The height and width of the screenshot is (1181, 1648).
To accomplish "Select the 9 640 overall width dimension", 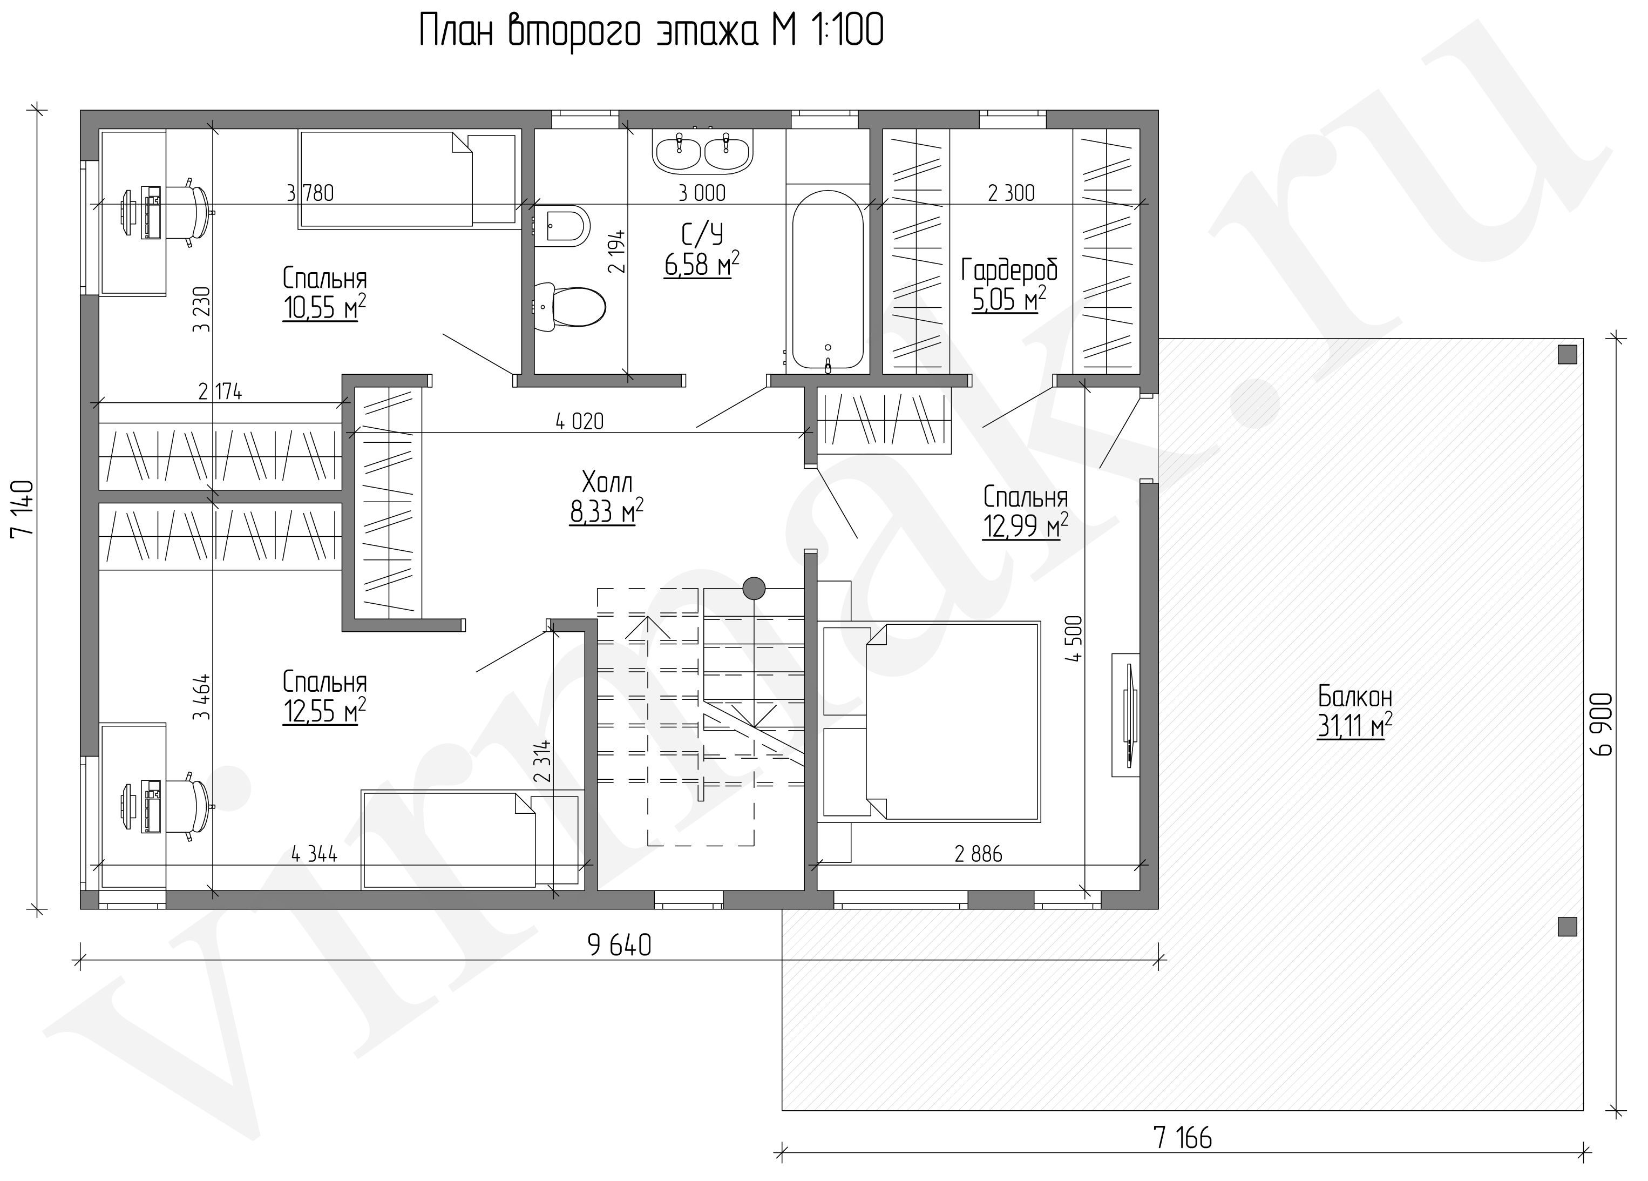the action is pos(619,945).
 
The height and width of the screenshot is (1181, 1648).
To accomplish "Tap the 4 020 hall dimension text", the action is pos(579,421).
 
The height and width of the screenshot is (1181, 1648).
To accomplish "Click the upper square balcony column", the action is pos(1568,355).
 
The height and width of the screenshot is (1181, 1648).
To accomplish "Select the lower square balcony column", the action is pos(1568,927).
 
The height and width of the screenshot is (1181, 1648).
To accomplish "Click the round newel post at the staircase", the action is pos(754,588).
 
